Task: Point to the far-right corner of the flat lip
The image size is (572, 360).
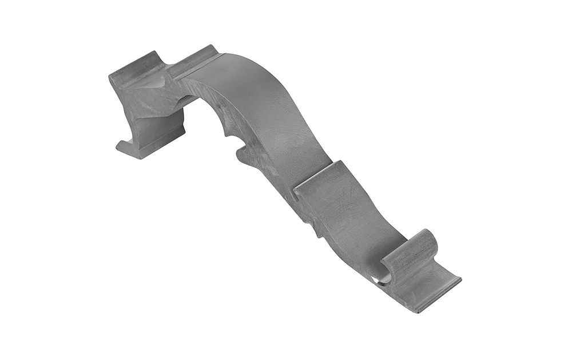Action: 459,280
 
